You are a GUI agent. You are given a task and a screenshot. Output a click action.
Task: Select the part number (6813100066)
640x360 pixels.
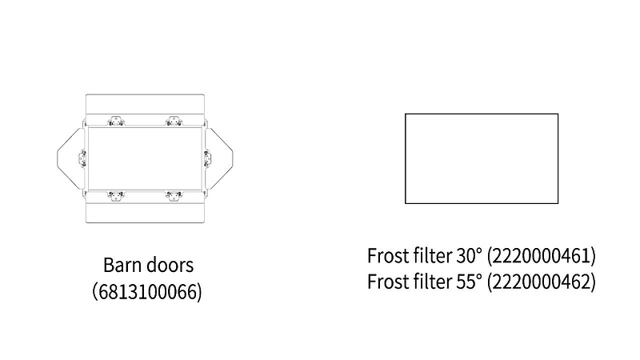[x=147, y=292]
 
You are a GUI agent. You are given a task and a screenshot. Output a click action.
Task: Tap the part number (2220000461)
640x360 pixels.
[x=542, y=256]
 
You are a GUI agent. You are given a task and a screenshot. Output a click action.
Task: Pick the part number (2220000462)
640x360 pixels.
[x=542, y=282]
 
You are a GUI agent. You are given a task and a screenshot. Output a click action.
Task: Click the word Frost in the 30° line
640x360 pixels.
[x=388, y=255]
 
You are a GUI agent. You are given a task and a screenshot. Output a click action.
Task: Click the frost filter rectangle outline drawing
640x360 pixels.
[x=482, y=158]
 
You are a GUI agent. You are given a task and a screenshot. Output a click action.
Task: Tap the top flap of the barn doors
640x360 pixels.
[x=145, y=107]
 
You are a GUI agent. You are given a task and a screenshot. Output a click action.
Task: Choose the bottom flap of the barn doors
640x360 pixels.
[x=145, y=211]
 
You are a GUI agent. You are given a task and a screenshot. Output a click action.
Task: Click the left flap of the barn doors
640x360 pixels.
[x=70, y=158]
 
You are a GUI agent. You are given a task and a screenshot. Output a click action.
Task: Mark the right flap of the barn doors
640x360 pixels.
[x=220, y=158]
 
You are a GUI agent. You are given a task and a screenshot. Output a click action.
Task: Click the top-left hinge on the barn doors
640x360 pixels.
[x=116, y=122]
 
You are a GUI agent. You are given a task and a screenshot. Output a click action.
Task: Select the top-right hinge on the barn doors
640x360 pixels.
[x=174, y=122]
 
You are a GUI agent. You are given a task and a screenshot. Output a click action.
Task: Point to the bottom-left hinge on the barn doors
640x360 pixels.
[x=116, y=196]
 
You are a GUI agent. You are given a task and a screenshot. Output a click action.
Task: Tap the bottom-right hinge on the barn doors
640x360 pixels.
[x=174, y=196]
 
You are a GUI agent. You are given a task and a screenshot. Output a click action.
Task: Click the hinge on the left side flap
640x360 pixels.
[x=82, y=158]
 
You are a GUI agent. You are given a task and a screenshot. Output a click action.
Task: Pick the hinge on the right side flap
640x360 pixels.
[x=207, y=158]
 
